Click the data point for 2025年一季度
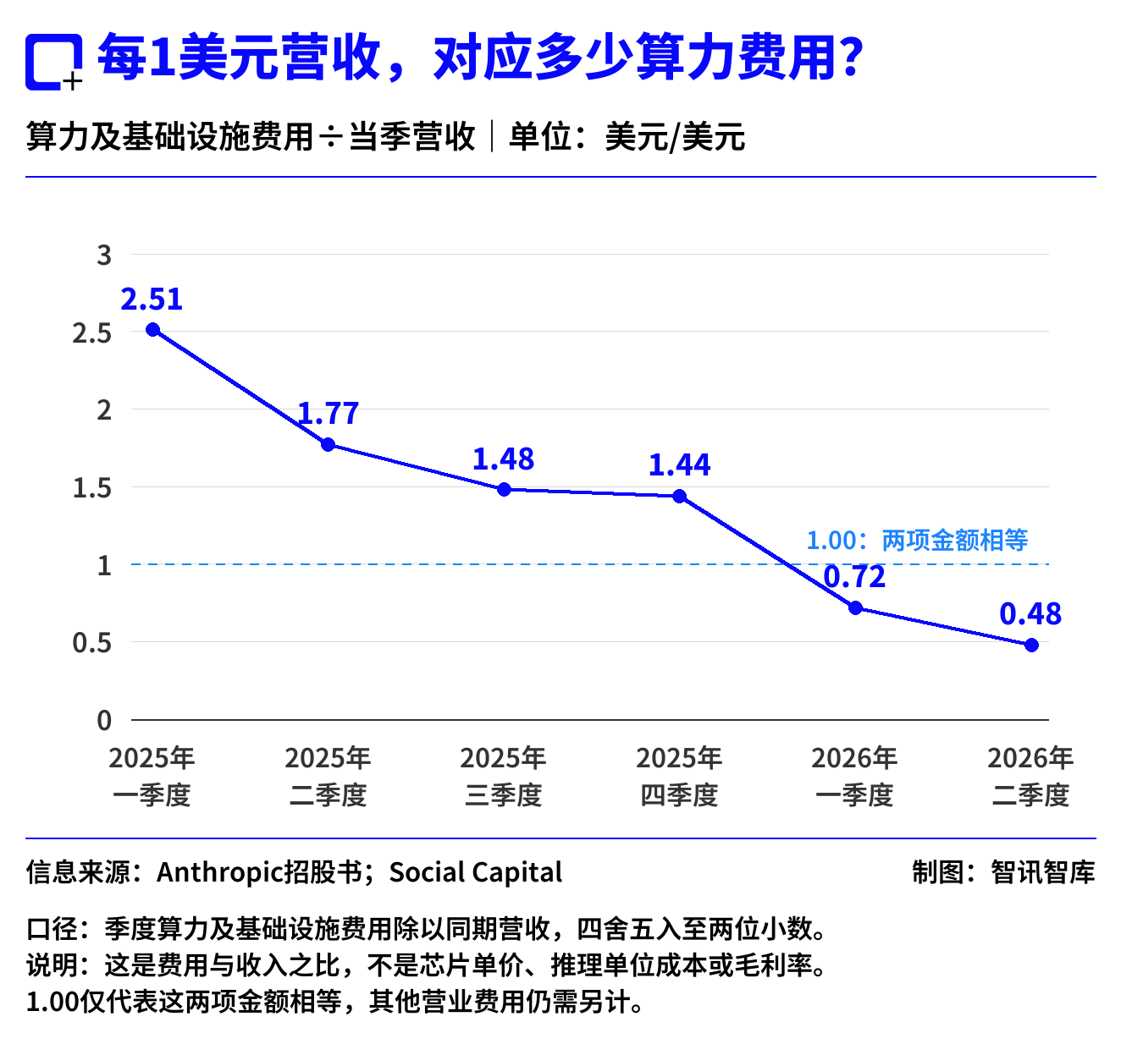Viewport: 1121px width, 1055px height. [x=152, y=329]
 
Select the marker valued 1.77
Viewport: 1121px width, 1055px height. [x=328, y=444]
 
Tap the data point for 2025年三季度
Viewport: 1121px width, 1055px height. [x=504, y=489]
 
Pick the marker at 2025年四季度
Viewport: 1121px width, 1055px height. [x=680, y=496]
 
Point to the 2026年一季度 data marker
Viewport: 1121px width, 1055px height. [x=855, y=607]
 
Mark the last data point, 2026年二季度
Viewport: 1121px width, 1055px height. [x=1030, y=645]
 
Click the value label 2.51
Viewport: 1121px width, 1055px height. [x=152, y=299]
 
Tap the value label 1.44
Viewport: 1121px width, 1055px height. [x=679, y=464]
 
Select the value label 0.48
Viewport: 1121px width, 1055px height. [x=1030, y=614]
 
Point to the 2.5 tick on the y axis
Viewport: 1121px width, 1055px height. [x=92, y=333]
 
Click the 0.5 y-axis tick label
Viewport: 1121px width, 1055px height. [x=92, y=643]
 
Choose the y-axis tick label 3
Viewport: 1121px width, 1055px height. [x=104, y=256]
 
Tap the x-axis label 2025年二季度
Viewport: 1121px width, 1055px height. [x=328, y=776]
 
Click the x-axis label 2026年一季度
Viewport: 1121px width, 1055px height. [x=854, y=776]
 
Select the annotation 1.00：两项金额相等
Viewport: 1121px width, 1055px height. [x=917, y=540]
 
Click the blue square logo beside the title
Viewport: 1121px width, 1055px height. [x=53, y=62]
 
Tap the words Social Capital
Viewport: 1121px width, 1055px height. [x=475, y=873]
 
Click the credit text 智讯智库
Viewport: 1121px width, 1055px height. [x=1042, y=872]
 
